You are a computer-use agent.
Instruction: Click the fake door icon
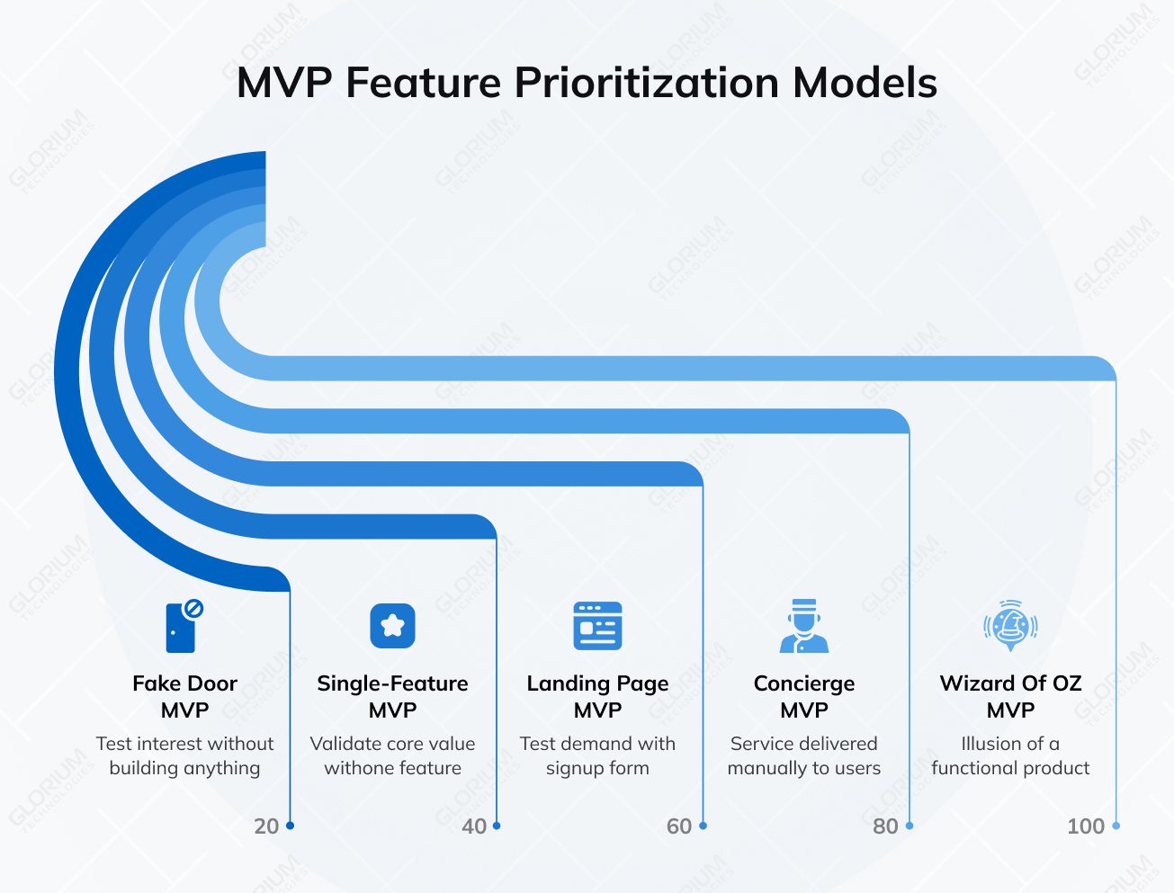pos(183,626)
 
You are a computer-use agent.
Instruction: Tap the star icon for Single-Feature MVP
pos(392,626)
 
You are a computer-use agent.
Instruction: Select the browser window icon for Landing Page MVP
pos(597,626)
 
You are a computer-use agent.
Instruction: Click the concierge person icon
pos(803,626)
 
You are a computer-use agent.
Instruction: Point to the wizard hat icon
pos(1010,625)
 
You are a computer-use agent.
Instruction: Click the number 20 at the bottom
pos(266,826)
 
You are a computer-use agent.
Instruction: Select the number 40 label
pos(474,826)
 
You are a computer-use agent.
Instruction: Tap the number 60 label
pos(679,826)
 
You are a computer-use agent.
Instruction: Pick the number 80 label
pos(885,826)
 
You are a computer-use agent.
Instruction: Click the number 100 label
pos(1085,826)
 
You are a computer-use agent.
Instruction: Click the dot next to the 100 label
pos(1116,826)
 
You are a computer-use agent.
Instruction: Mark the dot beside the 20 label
pos(290,826)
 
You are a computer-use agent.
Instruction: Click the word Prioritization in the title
pos(646,83)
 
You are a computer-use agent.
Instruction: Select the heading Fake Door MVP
pos(184,696)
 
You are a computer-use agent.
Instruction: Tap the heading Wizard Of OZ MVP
pos(1010,696)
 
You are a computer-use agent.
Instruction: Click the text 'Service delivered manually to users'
pos(803,755)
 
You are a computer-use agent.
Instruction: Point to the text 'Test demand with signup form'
pos(597,755)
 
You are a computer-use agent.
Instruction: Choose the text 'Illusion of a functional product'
pos(1010,755)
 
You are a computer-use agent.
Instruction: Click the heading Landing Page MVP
pos(597,696)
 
